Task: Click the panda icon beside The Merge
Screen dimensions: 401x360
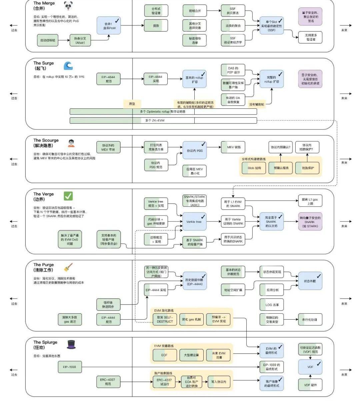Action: coord(68,6)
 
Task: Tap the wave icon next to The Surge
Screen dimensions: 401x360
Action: coord(68,66)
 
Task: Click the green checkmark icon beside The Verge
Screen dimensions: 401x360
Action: coord(68,196)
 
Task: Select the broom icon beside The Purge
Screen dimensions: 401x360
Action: coord(68,267)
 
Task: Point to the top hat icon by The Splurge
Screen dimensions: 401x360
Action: coord(71,345)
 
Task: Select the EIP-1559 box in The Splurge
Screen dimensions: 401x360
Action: coord(70,367)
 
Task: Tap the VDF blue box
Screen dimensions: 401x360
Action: coord(310,367)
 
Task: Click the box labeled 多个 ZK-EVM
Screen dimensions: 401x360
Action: coord(163,120)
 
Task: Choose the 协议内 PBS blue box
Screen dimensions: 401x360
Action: coord(194,150)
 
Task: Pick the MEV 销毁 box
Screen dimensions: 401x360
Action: coord(233,147)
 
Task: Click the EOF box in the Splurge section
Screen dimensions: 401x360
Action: coord(164,355)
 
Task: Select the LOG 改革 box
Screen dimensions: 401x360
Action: coord(272,305)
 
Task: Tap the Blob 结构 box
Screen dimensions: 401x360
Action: coord(254,168)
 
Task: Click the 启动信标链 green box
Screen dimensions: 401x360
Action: coord(48,40)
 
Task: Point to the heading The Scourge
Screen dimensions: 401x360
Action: coord(46,140)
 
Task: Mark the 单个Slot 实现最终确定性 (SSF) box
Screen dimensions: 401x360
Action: coord(271,26)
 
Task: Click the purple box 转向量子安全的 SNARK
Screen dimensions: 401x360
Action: coord(310,222)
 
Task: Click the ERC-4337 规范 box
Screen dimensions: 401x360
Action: coord(108,382)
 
